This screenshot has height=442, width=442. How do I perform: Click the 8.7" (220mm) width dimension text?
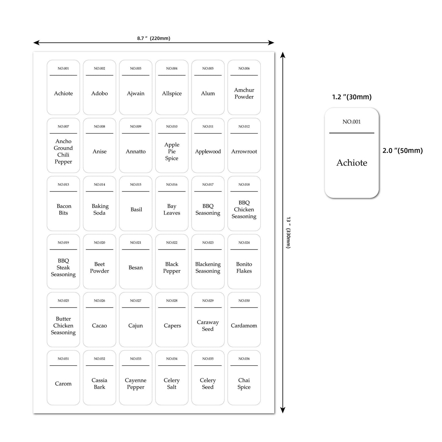154,38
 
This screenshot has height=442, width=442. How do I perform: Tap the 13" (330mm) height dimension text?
288,232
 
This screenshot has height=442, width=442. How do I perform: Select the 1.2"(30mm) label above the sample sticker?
352,97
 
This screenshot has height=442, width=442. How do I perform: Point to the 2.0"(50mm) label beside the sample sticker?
402,150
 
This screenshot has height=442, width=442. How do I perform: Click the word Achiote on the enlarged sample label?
352,163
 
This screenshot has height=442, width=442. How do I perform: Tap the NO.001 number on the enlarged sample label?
351,121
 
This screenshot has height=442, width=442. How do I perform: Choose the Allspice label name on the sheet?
172,93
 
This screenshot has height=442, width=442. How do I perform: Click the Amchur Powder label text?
244,93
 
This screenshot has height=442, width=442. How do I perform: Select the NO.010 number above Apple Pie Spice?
172,126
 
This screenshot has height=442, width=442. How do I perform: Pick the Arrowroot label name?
244,151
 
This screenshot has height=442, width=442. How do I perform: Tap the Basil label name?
136,210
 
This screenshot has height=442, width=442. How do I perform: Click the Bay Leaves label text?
172,210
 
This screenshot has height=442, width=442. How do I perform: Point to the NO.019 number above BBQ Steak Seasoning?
63,243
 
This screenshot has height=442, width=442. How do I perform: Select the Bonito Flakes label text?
244,267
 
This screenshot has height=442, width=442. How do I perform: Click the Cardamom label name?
244,325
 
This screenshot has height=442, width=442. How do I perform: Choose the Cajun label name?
135,326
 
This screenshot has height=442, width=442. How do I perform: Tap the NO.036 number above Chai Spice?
244,358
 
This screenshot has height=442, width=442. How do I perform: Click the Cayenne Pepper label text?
135,384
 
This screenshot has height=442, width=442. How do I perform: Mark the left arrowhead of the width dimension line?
35,43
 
